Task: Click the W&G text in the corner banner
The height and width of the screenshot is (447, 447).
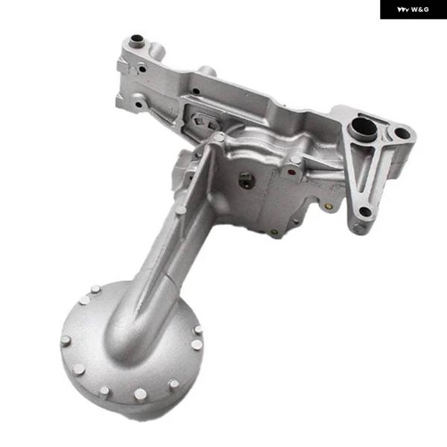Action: [420, 10]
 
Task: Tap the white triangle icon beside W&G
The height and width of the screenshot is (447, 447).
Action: [403, 10]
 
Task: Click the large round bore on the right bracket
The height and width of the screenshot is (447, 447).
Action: [364, 128]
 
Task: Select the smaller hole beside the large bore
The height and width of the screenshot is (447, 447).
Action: [402, 133]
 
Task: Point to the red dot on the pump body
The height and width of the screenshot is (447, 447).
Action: [291, 172]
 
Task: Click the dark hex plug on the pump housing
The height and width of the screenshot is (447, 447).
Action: [247, 180]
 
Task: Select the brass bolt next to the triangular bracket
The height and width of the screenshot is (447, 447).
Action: [329, 206]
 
